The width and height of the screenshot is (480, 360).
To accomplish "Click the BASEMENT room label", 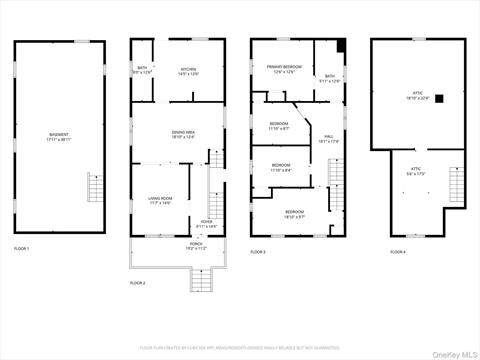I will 59,137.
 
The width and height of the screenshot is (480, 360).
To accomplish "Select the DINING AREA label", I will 183,134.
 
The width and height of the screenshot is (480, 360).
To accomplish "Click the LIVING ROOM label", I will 160,201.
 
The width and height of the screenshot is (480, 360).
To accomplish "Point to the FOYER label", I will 206,224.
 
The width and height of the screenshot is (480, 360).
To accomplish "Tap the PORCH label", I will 196,246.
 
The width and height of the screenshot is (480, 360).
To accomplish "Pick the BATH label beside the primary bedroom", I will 329,78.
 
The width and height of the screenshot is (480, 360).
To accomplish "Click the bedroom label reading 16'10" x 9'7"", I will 294,214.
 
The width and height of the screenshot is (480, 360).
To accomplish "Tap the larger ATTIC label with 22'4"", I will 418,95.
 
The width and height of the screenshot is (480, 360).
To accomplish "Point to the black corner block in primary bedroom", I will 341,45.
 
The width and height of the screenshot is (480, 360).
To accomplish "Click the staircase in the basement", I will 96,187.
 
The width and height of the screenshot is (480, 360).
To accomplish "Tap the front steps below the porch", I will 203,281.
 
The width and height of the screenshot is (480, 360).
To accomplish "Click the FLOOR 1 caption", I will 22,248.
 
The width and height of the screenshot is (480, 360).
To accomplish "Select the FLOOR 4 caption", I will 398,251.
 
